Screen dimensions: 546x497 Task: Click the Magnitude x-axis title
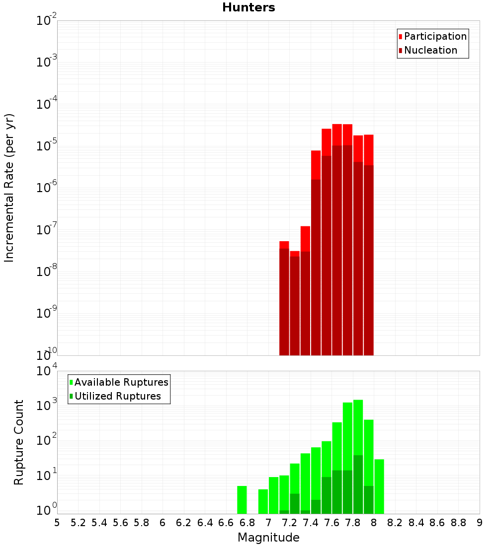pyautogui.click(x=268, y=538)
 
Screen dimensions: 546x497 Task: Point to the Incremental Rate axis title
pyautogui.click(x=9, y=188)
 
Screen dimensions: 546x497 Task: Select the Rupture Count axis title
pyautogui.click(x=19, y=442)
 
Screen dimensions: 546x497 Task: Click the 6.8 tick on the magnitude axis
pyautogui.click(x=247, y=523)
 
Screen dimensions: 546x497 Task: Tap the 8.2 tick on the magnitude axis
pyautogui.click(x=395, y=523)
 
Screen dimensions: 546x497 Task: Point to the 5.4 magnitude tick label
pyautogui.click(x=99, y=523)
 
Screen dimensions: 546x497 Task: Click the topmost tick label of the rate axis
pyautogui.click(x=47, y=21)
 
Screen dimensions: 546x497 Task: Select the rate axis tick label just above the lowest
pyautogui.click(x=47, y=313)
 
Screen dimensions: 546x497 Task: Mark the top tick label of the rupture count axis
pyautogui.click(x=47, y=371)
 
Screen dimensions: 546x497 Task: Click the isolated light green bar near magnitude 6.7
pyautogui.click(x=242, y=500)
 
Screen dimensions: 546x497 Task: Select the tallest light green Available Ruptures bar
pyautogui.click(x=358, y=457)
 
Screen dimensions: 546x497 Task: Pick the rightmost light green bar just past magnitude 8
pyautogui.click(x=379, y=486)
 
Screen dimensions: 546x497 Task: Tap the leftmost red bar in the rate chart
pyautogui.click(x=284, y=298)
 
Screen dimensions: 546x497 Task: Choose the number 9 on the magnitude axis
pyautogui.click(x=479, y=523)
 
